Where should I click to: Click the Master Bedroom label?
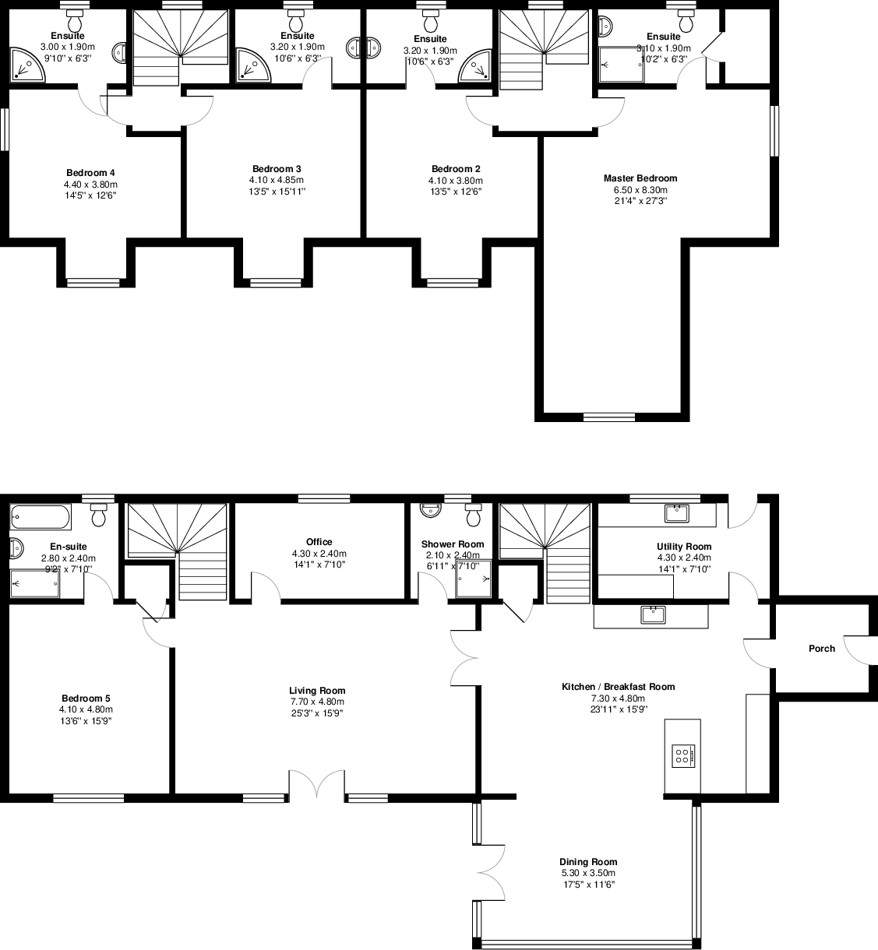(x=640, y=178)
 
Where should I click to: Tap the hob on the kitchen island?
(x=682, y=755)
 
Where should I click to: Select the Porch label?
(x=821, y=649)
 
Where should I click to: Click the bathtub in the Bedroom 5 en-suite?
(x=41, y=516)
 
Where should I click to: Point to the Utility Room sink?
(x=677, y=513)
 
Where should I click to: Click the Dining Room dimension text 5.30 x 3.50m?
(x=588, y=873)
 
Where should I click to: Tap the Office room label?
(x=319, y=542)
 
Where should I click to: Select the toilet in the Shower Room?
(x=473, y=515)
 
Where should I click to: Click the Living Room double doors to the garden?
(x=317, y=785)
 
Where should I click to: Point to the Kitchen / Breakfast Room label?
(x=618, y=687)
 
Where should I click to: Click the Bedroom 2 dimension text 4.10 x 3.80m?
(x=456, y=180)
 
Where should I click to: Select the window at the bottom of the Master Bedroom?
(x=608, y=417)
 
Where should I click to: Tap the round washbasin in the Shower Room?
(x=429, y=510)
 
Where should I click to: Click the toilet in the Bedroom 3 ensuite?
(x=295, y=17)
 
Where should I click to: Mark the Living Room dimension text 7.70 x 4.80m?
(x=317, y=702)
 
